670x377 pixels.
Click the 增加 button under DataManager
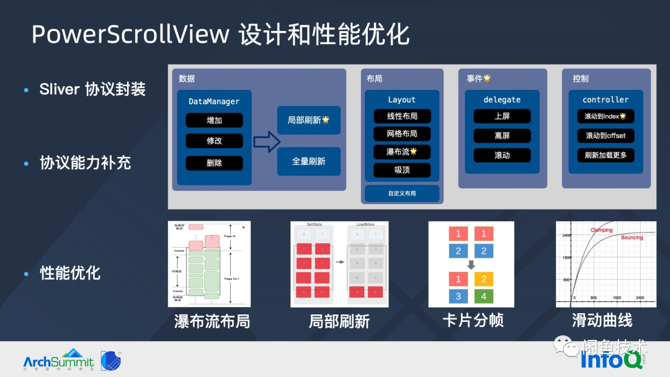click(214, 120)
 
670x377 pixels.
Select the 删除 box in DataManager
click(214, 163)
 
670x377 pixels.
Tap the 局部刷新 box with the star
click(308, 120)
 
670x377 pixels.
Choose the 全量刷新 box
click(308, 161)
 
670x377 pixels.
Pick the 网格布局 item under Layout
click(402, 134)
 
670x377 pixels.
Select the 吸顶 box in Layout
click(402, 170)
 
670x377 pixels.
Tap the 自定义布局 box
click(402, 193)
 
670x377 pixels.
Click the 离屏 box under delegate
click(502, 136)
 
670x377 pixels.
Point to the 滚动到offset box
click(605, 136)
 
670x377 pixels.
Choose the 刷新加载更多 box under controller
click(605, 155)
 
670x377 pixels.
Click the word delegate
click(502, 100)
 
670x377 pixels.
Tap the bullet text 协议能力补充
click(85, 163)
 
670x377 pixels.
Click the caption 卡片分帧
click(473, 321)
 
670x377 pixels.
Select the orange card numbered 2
click(484, 279)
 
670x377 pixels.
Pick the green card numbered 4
click(484, 296)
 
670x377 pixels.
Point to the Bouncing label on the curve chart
click(632, 237)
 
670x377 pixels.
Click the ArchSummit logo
click(59, 360)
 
